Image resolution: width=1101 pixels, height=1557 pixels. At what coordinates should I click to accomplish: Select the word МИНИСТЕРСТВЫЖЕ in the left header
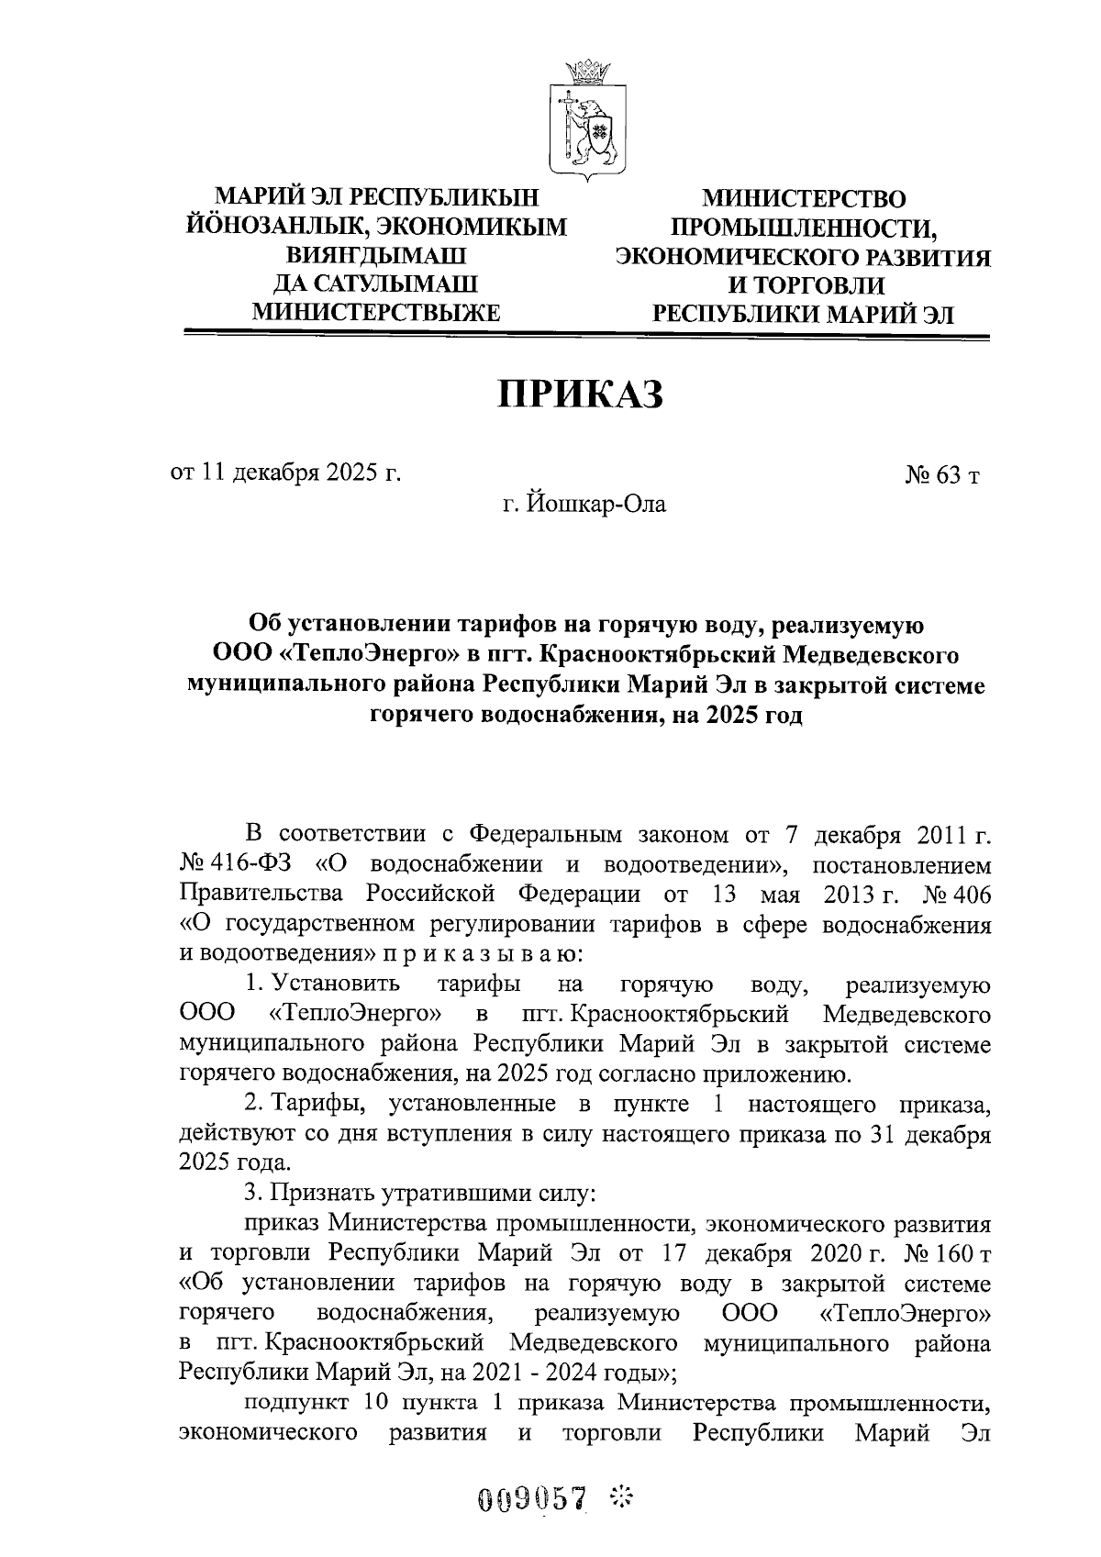(376, 313)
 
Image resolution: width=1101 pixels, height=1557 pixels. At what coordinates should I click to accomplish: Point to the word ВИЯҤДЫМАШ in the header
(376, 255)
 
